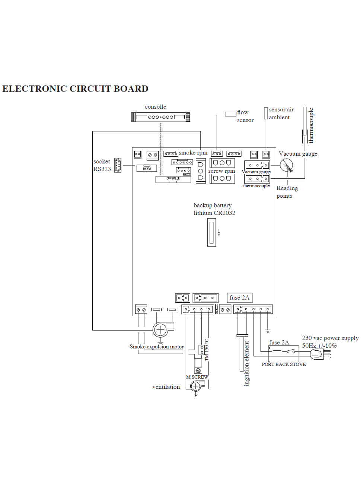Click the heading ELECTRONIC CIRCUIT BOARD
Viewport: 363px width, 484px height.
(75, 89)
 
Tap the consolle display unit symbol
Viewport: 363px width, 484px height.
(160, 117)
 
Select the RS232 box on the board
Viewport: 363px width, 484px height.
(147, 168)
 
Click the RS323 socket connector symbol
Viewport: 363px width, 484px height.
(118, 165)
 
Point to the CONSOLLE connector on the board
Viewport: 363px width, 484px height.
(173, 179)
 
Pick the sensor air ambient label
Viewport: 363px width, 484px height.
(281, 113)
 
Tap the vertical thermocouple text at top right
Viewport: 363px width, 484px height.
(311, 125)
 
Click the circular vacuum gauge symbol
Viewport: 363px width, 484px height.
(286, 165)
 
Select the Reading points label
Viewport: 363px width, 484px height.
(287, 192)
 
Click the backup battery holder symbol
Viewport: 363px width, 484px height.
(211, 232)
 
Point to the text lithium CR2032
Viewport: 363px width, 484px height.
(214, 213)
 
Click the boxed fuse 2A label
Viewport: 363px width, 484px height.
(239, 297)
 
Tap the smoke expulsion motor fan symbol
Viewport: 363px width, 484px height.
(160, 329)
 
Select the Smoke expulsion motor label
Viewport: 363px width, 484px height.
(156, 347)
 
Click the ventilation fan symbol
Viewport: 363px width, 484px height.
(196, 386)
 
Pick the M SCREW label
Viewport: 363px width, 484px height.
(197, 377)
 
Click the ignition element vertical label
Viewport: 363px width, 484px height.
(246, 363)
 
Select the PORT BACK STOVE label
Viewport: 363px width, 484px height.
(284, 364)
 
